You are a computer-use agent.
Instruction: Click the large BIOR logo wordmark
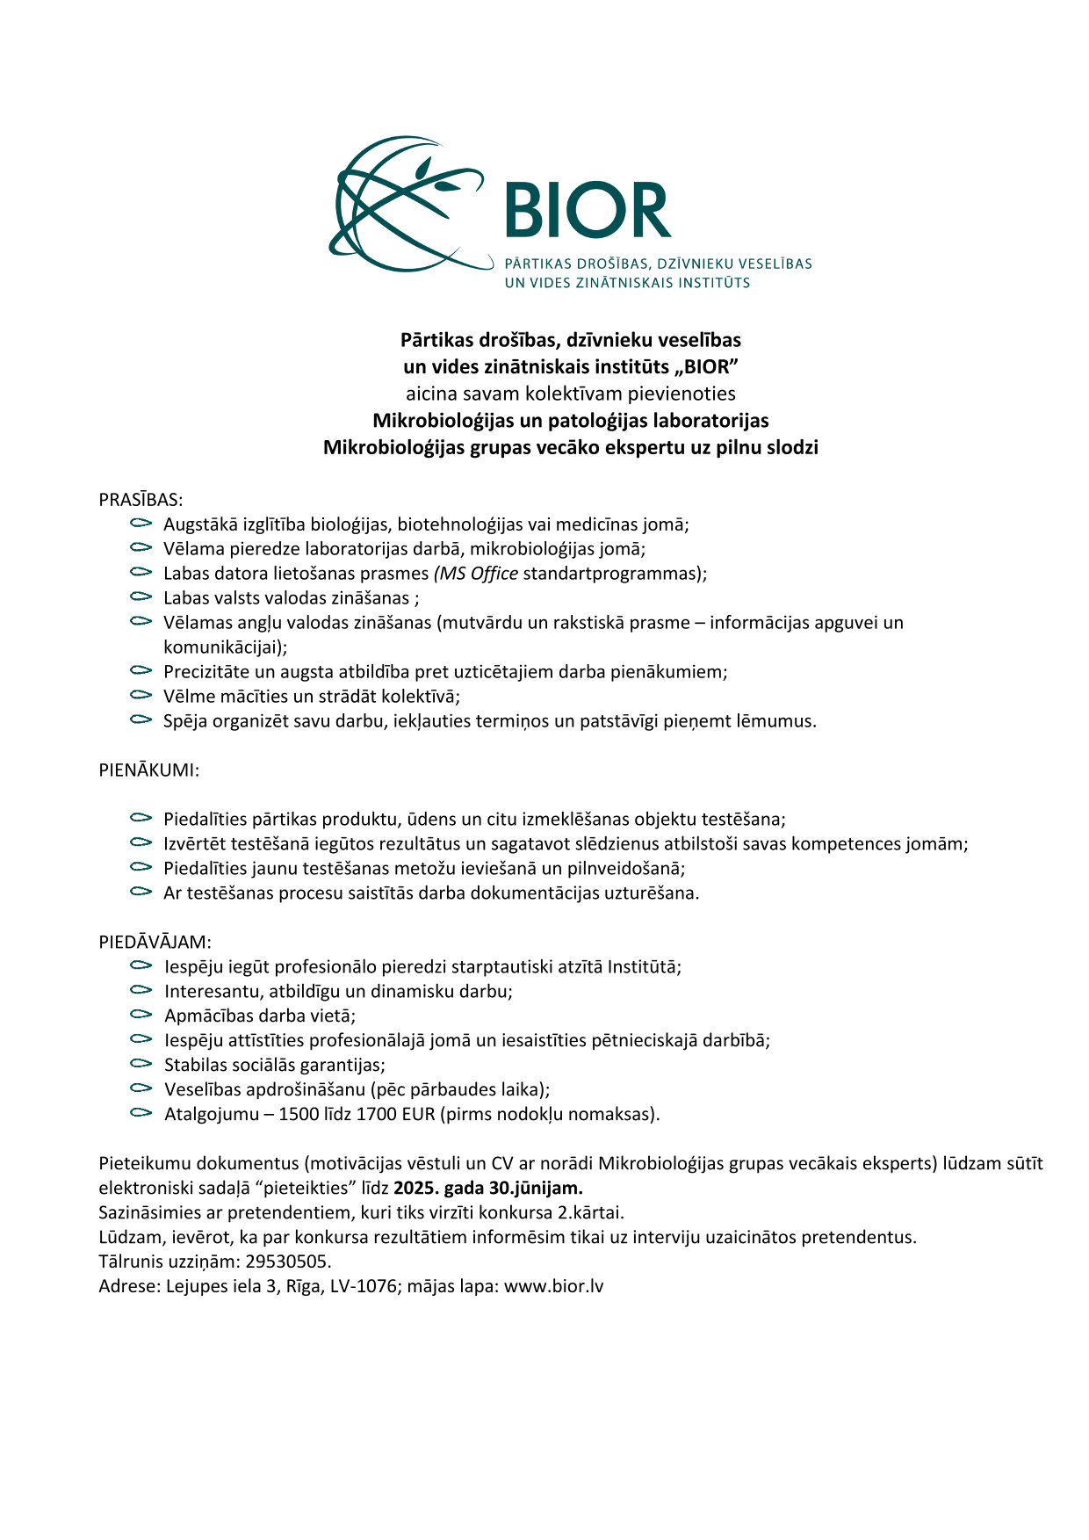click(588, 210)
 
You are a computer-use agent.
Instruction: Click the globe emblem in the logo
click(406, 205)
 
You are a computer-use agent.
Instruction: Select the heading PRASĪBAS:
click(141, 500)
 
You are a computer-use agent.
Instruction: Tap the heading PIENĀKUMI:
click(148, 770)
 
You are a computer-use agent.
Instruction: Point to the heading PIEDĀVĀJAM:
click(155, 943)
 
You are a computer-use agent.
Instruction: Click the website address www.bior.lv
click(553, 1287)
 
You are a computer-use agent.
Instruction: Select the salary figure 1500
click(299, 1115)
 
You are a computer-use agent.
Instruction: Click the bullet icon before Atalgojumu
click(141, 1113)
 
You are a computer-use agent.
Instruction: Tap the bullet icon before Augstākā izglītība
click(141, 524)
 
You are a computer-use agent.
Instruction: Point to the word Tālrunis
click(128, 1262)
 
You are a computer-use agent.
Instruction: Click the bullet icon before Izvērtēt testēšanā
click(141, 842)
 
